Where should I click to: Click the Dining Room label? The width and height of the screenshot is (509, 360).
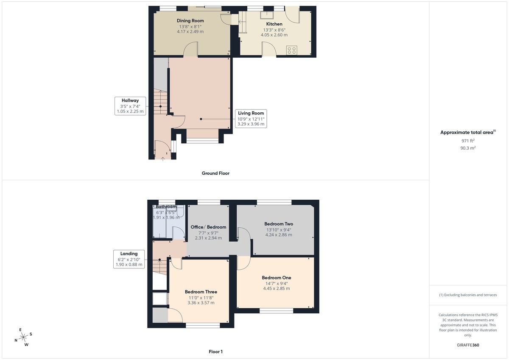tap(190, 21)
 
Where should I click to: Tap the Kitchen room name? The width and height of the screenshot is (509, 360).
tap(274, 24)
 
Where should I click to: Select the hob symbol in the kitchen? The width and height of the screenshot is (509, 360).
tap(292, 50)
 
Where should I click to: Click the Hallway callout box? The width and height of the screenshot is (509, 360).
tap(130, 106)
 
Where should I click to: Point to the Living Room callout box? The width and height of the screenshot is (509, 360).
tap(251, 119)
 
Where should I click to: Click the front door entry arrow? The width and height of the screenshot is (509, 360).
tap(163, 159)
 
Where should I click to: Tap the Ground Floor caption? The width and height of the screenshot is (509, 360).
tap(215, 173)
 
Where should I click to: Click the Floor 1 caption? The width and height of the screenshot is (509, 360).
tap(215, 352)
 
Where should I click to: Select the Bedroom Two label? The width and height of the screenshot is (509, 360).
tap(279, 224)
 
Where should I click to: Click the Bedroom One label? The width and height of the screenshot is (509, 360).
tap(276, 278)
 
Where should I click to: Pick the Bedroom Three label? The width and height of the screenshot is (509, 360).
tap(201, 292)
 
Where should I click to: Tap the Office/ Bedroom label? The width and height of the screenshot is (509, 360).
tap(208, 227)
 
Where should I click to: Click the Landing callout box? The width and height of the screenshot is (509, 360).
tap(129, 259)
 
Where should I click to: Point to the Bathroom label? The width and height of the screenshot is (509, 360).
tap(166, 207)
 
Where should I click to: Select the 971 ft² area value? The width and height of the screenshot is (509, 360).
tap(468, 141)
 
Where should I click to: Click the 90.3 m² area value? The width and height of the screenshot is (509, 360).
tap(468, 148)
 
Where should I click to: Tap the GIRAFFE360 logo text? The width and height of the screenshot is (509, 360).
tap(468, 345)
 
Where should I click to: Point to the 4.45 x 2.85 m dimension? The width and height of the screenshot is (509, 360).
tap(276, 288)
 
